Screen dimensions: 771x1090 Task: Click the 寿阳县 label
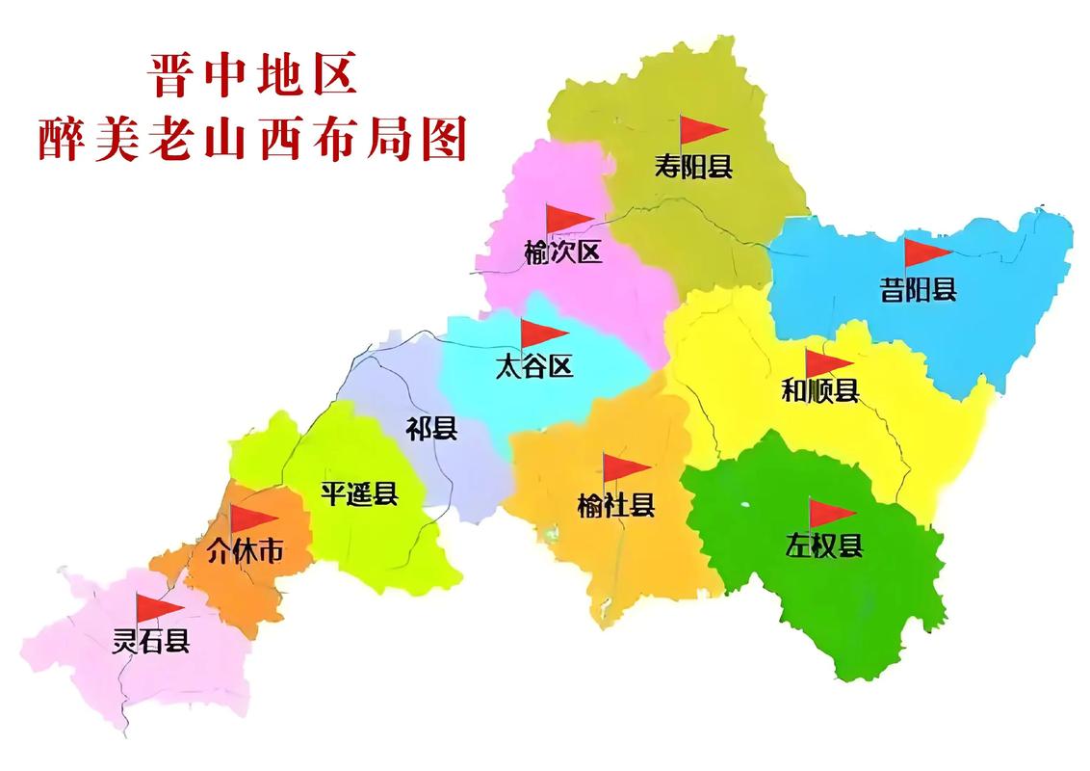(x=693, y=167)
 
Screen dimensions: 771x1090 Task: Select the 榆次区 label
(x=562, y=253)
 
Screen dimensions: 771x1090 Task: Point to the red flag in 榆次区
(x=566, y=219)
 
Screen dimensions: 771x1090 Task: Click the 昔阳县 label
(x=918, y=288)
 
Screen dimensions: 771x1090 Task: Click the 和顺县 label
(x=819, y=391)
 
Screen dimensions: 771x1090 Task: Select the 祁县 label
(x=430, y=429)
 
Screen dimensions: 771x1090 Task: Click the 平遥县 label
(x=358, y=494)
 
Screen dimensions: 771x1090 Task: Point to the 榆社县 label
(x=616, y=504)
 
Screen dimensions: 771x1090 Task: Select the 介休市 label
(x=246, y=550)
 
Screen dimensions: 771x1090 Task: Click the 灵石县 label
(x=151, y=640)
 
